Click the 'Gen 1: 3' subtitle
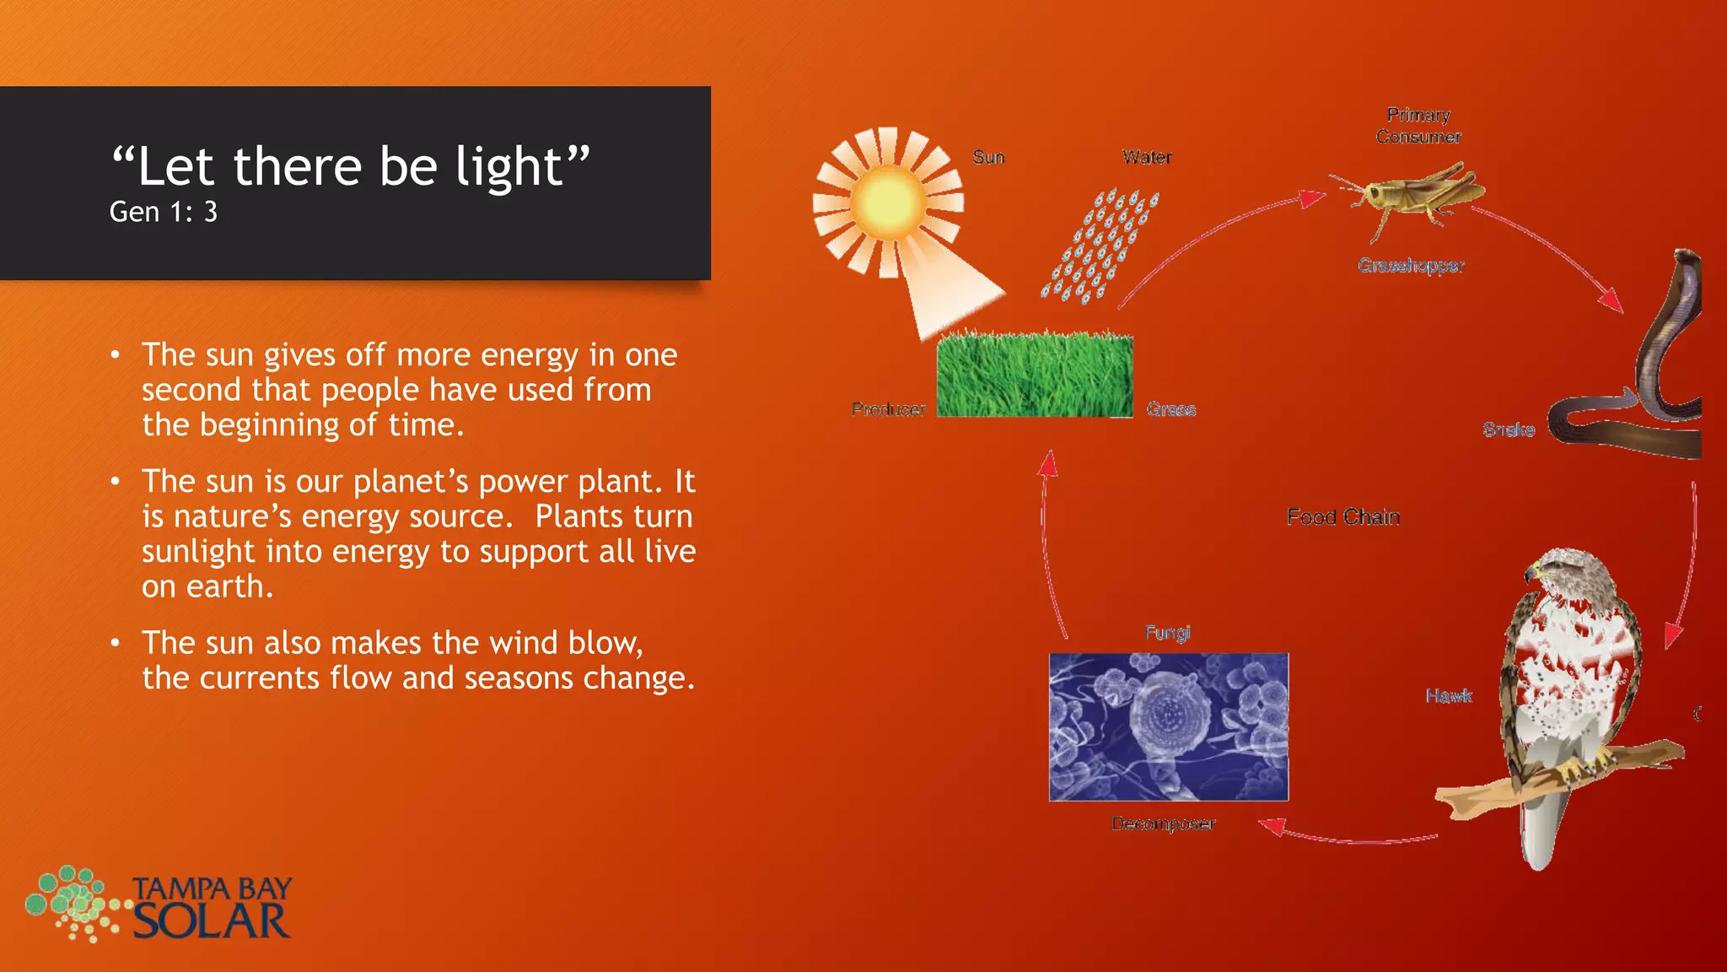[x=164, y=212]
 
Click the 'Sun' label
[x=988, y=158]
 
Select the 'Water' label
[x=1147, y=158]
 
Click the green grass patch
[x=1035, y=375]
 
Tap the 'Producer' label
[x=888, y=409]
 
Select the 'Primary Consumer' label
[x=1418, y=126]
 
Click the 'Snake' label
[x=1509, y=430]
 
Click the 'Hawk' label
[x=1449, y=696]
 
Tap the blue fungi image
[x=1168, y=726]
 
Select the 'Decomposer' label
[x=1163, y=823]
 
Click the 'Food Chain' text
[x=1343, y=517]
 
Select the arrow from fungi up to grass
[x=1046, y=548]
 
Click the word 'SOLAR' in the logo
[x=212, y=921]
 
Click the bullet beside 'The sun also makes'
[x=116, y=644]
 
